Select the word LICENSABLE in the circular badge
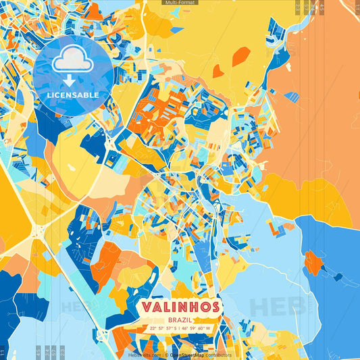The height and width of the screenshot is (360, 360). click(x=72, y=95)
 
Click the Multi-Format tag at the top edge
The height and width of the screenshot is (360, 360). click(x=180, y=3)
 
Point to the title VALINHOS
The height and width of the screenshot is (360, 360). click(x=180, y=307)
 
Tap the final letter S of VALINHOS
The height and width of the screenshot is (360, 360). click(x=214, y=307)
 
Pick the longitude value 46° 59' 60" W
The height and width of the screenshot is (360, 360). click(x=196, y=329)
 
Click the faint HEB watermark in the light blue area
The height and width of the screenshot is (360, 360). click(x=277, y=306)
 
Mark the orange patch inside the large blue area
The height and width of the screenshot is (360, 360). click(x=312, y=262)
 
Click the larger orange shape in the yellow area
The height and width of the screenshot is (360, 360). click(x=240, y=56)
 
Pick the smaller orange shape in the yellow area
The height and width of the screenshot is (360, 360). click(x=217, y=70)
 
